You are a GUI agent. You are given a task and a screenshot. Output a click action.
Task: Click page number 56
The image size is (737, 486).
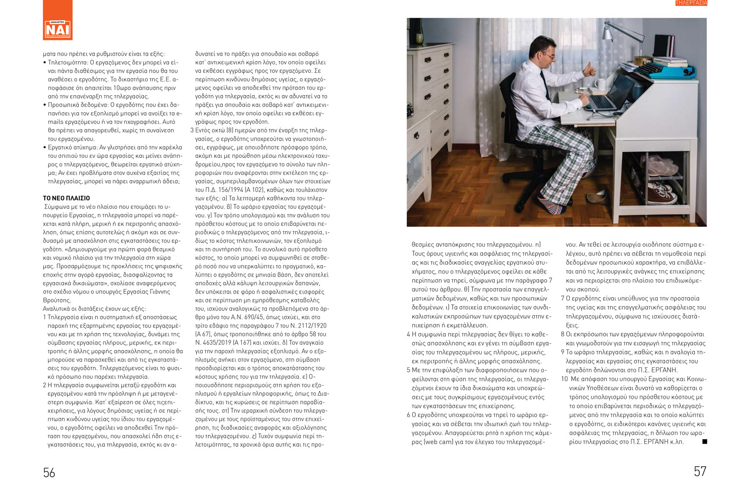(49, 473)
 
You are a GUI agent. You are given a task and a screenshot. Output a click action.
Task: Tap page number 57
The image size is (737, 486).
(700, 471)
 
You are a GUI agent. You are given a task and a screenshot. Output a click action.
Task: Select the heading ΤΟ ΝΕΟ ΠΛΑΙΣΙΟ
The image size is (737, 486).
(66, 198)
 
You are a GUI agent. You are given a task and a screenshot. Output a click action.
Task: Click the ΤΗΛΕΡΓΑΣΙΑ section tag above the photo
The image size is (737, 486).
(691, 3)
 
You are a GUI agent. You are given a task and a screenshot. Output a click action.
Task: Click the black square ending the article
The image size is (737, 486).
(704, 442)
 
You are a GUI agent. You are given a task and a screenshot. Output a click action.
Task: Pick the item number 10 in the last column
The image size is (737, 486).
(564, 379)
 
